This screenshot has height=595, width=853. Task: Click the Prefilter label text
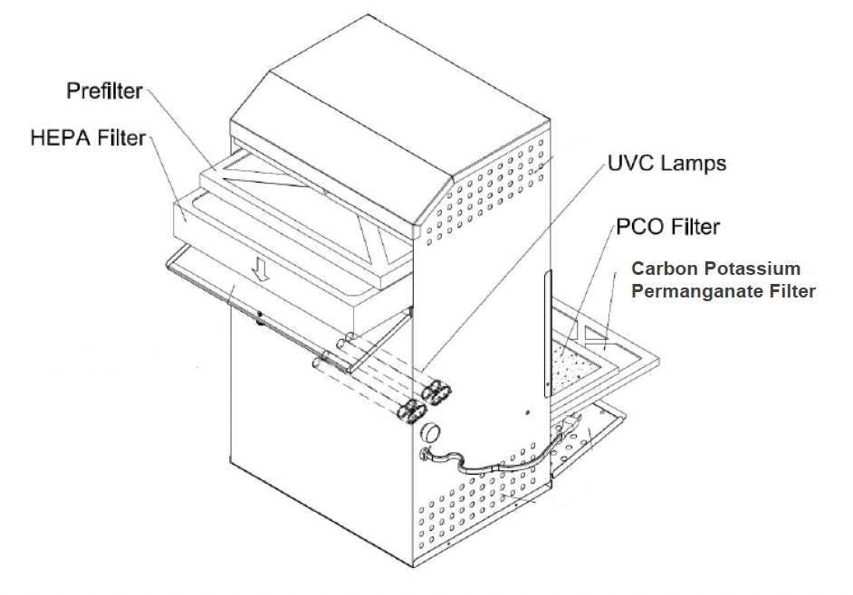(x=105, y=91)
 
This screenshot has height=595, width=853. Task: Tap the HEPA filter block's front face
(x=272, y=253)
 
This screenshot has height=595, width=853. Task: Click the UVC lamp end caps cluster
(x=424, y=399)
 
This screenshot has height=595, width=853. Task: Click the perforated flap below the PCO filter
(x=589, y=435)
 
